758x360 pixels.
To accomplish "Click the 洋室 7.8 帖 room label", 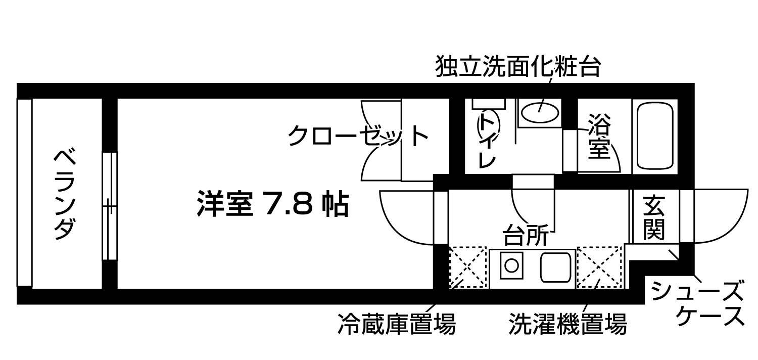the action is click(272, 204).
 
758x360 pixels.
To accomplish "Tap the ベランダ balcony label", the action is click(65, 194).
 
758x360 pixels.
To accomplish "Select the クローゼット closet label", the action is click(358, 136).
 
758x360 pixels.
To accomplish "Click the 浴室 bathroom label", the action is click(599, 136).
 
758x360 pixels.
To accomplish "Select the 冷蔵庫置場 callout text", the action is click(397, 324).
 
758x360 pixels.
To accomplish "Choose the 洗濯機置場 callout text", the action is click(568, 324).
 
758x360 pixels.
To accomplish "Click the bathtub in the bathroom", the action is click(655, 136).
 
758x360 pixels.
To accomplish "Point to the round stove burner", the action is click(511, 265).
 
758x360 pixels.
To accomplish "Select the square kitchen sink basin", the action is click(556, 267).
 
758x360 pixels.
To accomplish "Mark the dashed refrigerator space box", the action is click(468, 267).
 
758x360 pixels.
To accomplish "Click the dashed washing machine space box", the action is click(599, 267).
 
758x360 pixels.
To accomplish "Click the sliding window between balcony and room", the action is click(110, 206).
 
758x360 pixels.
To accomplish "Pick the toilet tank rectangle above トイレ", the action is click(489, 104).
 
